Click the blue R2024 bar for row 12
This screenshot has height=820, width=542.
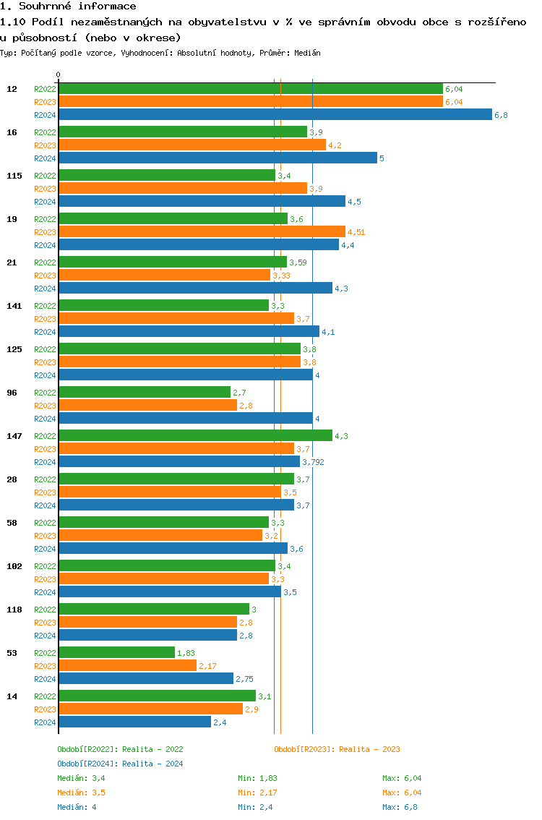pyautogui.click(x=275, y=114)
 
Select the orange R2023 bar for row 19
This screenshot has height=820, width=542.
pyautogui.click(x=202, y=231)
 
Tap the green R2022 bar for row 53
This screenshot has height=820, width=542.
pyautogui.click(x=116, y=652)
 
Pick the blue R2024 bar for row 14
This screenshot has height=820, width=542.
pyautogui.click(x=134, y=722)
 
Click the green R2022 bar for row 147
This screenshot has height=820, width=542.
pyautogui.click(x=195, y=435)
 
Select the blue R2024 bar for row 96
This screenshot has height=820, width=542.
pyautogui.click(x=185, y=418)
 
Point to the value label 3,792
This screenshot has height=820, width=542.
pyautogui.click(x=313, y=462)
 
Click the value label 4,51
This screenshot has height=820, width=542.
pyautogui.click(x=356, y=232)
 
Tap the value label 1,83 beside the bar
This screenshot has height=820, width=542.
pyautogui.click(x=186, y=653)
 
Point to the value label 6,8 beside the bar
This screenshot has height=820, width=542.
pyautogui.click(x=501, y=115)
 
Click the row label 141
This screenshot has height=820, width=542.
pyautogui.click(x=14, y=306)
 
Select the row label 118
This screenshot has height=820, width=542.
pyautogui.click(x=14, y=610)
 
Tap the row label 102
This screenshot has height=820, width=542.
pyautogui.click(x=14, y=566)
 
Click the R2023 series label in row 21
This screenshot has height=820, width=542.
pyautogui.click(x=45, y=276)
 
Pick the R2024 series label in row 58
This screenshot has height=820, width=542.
pyautogui.click(x=45, y=549)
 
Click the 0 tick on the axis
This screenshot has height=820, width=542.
pyautogui.click(x=59, y=74)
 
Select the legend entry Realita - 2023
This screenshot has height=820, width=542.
pyautogui.click(x=337, y=749)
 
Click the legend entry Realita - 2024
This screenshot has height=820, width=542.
pyautogui.click(x=120, y=764)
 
